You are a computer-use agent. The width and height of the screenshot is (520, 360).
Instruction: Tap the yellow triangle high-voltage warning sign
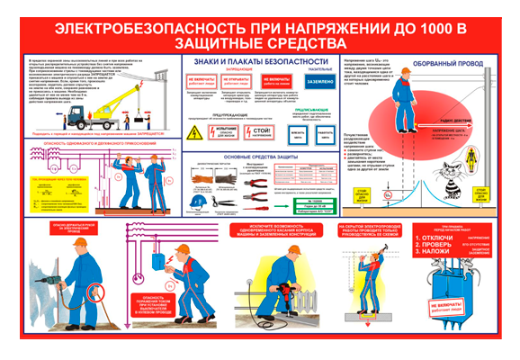pyautogui.click(x=196, y=131)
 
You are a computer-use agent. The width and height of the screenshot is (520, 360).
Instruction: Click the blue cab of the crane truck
pyautogui.click(x=76, y=116)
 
